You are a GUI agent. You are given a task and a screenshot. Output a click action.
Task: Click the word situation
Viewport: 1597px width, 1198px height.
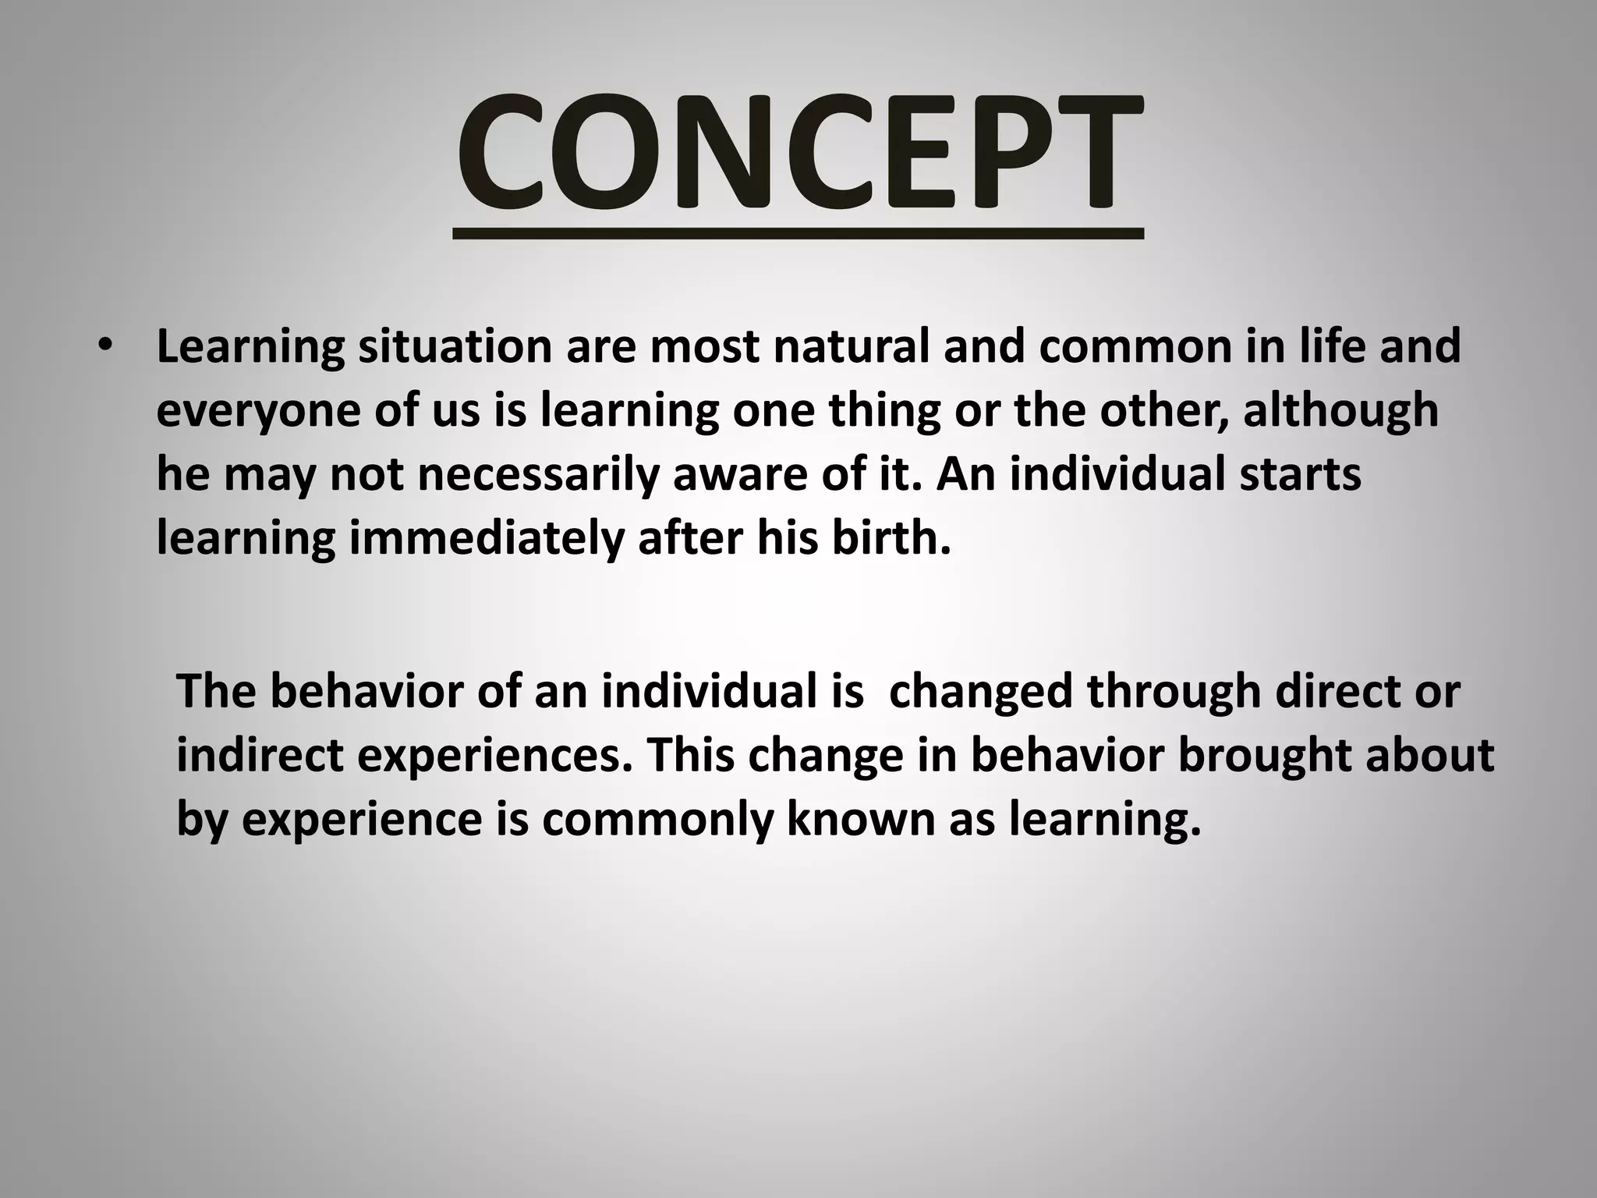(455, 347)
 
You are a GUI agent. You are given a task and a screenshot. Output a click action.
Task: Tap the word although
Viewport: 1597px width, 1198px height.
(1340, 411)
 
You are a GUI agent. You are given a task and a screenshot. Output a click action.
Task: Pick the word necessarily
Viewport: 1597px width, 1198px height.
(539, 475)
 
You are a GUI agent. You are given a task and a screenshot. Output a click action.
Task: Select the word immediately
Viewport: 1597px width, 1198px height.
(487, 539)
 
